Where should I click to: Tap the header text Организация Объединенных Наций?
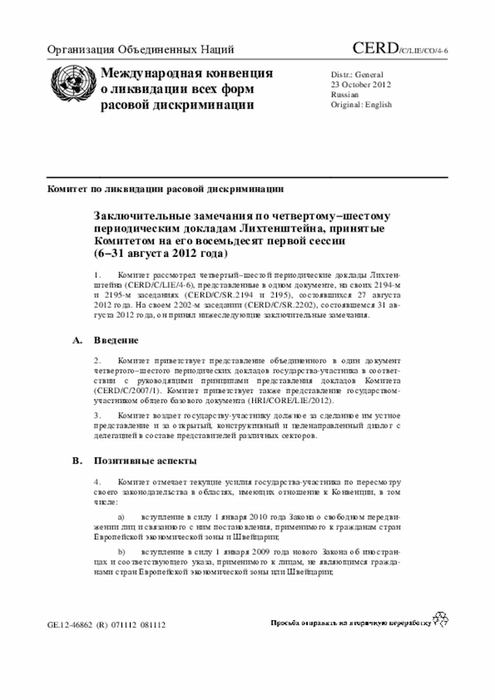point(141,51)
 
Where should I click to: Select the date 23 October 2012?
point(360,84)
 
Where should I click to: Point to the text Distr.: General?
point(357,73)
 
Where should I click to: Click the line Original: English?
point(361,104)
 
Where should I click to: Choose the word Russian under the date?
point(345,94)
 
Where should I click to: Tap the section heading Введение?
point(117,340)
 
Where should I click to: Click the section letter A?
point(76,340)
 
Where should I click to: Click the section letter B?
point(76,460)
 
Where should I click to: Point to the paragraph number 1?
point(97,275)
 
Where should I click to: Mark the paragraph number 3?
point(97,416)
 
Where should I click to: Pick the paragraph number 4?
point(97,482)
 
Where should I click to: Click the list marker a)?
point(121,514)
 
